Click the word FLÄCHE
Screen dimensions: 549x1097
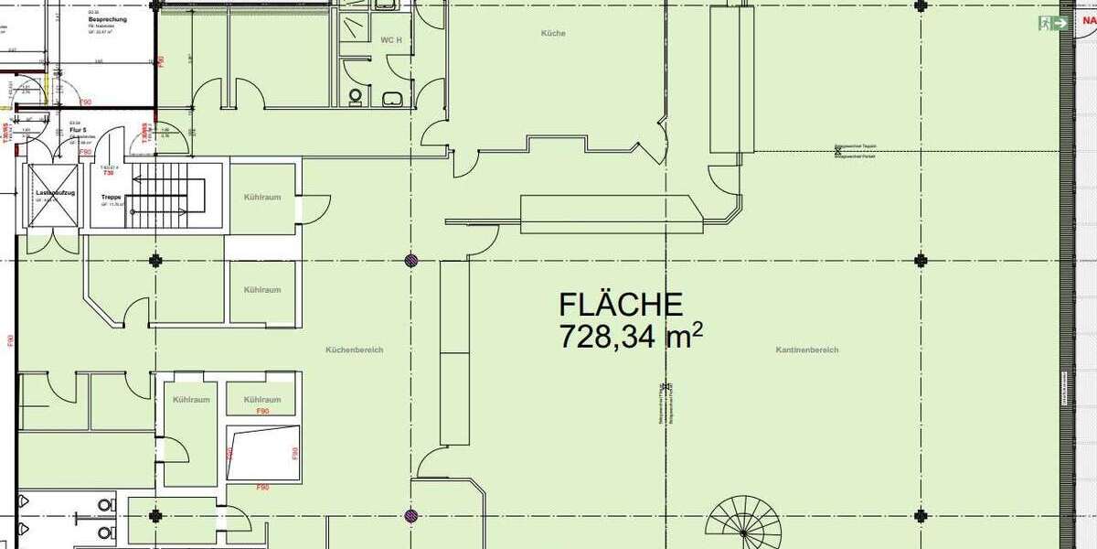pyautogui.click(x=621, y=305)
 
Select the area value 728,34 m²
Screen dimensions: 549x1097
pyautogui.click(x=631, y=337)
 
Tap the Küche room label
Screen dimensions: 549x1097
pyautogui.click(x=553, y=34)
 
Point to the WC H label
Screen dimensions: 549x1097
pyautogui.click(x=391, y=40)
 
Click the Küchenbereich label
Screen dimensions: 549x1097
pyautogui.click(x=354, y=350)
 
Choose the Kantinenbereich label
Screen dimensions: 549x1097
pyautogui.click(x=806, y=350)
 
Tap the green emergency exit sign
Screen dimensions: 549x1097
pyautogui.click(x=1053, y=23)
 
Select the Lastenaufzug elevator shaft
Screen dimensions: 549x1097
pyautogui.click(x=52, y=196)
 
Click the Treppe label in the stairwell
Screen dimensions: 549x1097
pyautogui.click(x=112, y=197)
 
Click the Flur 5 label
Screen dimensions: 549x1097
pyautogui.click(x=78, y=131)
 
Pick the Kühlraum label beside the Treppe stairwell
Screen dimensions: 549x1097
pyautogui.click(x=261, y=198)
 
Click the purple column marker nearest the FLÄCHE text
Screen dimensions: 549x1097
pyautogui.click(x=412, y=260)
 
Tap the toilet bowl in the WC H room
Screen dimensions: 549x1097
pyautogui.click(x=356, y=95)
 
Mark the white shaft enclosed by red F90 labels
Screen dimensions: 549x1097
pyautogui.click(x=262, y=452)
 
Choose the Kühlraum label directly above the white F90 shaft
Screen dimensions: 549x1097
pyautogui.click(x=261, y=400)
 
